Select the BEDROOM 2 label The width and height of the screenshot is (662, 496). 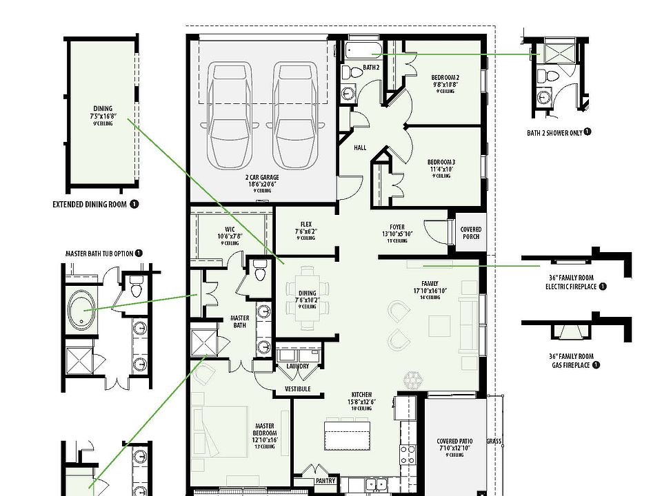point(445,81)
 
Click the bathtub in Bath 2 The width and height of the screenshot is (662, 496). point(363,50)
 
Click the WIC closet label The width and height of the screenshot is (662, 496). point(230,233)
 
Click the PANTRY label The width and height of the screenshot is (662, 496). point(325,482)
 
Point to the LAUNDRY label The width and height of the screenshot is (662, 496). point(298,366)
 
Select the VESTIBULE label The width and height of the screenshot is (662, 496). point(297,389)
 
